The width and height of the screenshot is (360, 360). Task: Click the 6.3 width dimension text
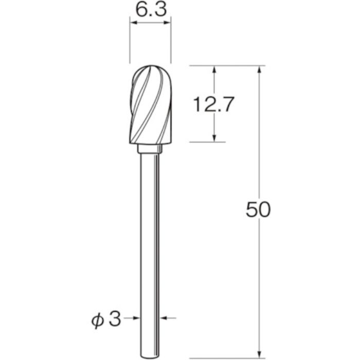tap(151, 11)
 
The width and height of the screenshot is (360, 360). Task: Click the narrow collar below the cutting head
tap(151, 150)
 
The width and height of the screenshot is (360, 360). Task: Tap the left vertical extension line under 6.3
tap(130, 46)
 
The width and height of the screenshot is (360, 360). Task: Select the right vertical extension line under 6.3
tap(171, 46)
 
